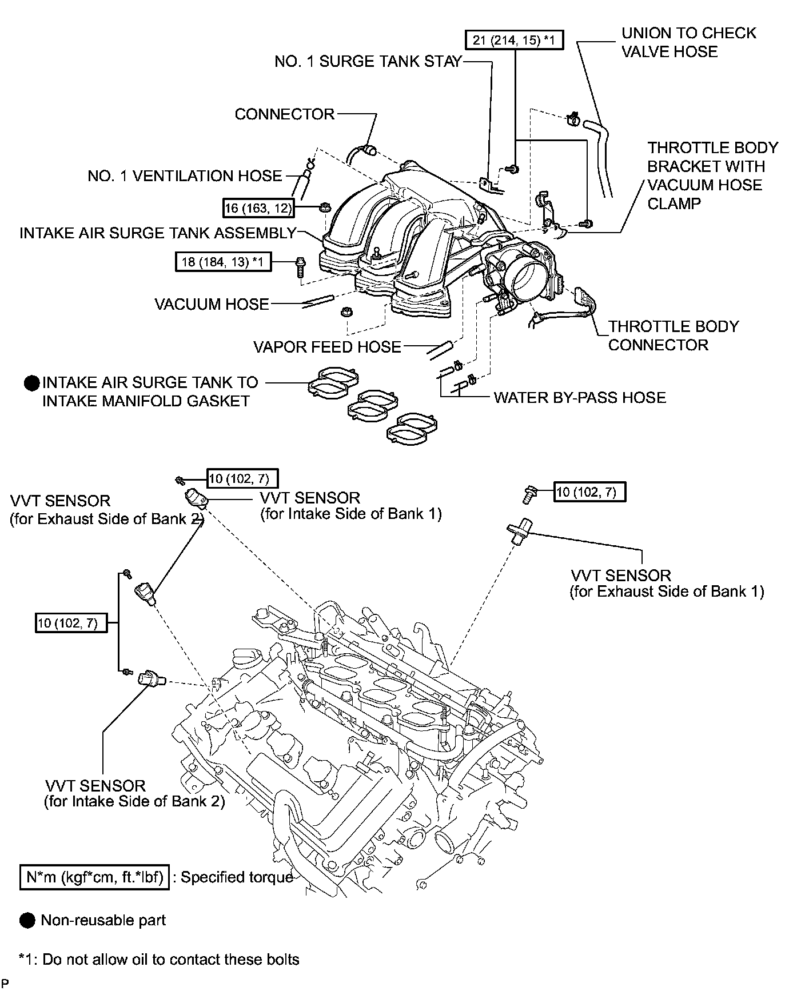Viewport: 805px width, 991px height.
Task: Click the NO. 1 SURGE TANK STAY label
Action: [368, 61]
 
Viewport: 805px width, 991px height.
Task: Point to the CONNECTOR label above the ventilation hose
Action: [284, 114]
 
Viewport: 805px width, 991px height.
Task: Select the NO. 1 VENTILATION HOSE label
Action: [185, 175]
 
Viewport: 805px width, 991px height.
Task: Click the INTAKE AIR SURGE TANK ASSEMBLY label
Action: [158, 233]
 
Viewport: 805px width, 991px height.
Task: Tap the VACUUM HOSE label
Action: [212, 303]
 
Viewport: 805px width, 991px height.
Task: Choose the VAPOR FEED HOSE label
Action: [327, 346]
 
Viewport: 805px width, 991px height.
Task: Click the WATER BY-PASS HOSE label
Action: [580, 397]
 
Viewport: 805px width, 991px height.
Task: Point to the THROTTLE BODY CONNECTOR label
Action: [673, 335]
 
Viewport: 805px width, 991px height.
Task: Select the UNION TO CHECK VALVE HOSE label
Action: [688, 42]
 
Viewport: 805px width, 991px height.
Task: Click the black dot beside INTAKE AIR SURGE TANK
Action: [31, 383]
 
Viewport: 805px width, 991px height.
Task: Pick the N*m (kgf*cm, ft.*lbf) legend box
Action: [95, 877]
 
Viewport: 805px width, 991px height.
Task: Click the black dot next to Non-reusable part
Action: [27, 920]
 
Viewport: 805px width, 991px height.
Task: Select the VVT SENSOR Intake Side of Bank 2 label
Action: [134, 793]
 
